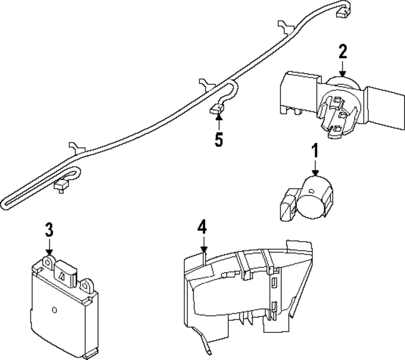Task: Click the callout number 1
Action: (x=315, y=151)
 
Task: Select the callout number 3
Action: (x=49, y=229)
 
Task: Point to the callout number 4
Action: (x=202, y=226)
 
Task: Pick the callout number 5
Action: (x=218, y=140)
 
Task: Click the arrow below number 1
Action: (x=315, y=167)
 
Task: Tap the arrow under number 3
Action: (x=49, y=246)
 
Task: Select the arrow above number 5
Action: (x=218, y=123)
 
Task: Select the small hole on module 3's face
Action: (x=55, y=310)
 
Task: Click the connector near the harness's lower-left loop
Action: (x=62, y=185)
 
